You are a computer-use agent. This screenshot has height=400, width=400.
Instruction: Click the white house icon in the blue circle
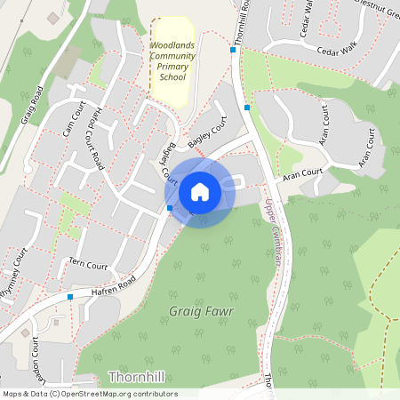point(200,191)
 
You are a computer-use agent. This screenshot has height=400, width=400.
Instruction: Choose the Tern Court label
point(88,264)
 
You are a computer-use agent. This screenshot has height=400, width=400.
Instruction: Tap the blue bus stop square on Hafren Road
point(69,297)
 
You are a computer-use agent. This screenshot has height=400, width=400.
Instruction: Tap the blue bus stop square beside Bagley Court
point(170,208)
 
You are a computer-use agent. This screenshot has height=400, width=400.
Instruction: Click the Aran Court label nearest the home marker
point(301,176)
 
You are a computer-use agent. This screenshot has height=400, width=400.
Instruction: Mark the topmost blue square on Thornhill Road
point(233,50)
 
